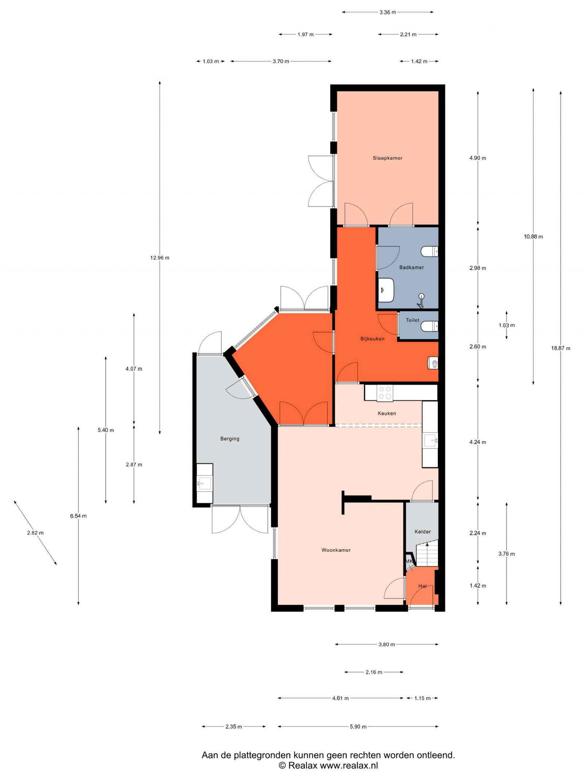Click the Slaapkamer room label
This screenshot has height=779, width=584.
tap(387, 158)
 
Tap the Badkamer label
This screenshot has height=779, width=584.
tap(411, 267)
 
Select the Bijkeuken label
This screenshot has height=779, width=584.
tap(372, 338)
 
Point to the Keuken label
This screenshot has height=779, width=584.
tap(387, 413)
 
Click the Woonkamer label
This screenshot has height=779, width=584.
tap(336, 550)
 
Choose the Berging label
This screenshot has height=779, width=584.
tap(230, 438)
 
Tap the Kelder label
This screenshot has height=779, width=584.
tap(423, 532)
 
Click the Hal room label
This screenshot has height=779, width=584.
tap(422, 586)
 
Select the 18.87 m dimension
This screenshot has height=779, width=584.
tap(560, 348)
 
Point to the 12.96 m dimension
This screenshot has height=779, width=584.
tap(160, 258)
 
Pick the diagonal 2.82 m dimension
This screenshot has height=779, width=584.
tap(35, 533)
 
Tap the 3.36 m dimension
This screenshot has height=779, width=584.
tap(387, 12)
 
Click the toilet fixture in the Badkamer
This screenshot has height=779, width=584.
tap(429, 252)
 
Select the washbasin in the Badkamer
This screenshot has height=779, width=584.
tap(386, 290)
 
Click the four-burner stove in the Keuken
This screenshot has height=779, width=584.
tap(385, 393)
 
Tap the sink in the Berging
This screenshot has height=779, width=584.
tap(204, 483)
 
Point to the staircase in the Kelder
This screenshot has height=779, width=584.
tap(427, 554)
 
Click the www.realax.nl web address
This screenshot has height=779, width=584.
tap(349, 765)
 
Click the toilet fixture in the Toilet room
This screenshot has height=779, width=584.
tap(429, 326)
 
